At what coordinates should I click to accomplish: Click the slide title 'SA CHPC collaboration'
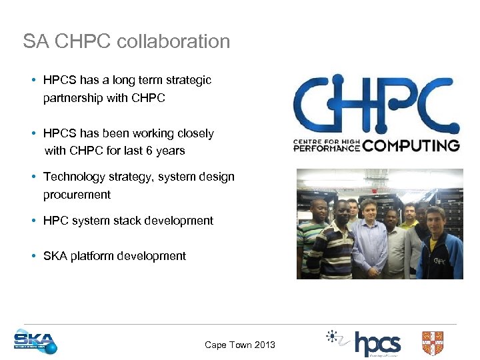point(126,41)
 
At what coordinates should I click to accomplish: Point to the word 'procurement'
point(77,195)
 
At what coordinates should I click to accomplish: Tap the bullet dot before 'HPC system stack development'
point(33,221)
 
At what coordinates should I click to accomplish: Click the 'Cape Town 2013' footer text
point(240,345)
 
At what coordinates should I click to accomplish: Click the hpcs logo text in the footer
point(377,344)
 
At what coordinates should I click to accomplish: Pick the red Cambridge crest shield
point(433,343)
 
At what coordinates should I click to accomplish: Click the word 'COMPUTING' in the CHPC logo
point(411,145)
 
